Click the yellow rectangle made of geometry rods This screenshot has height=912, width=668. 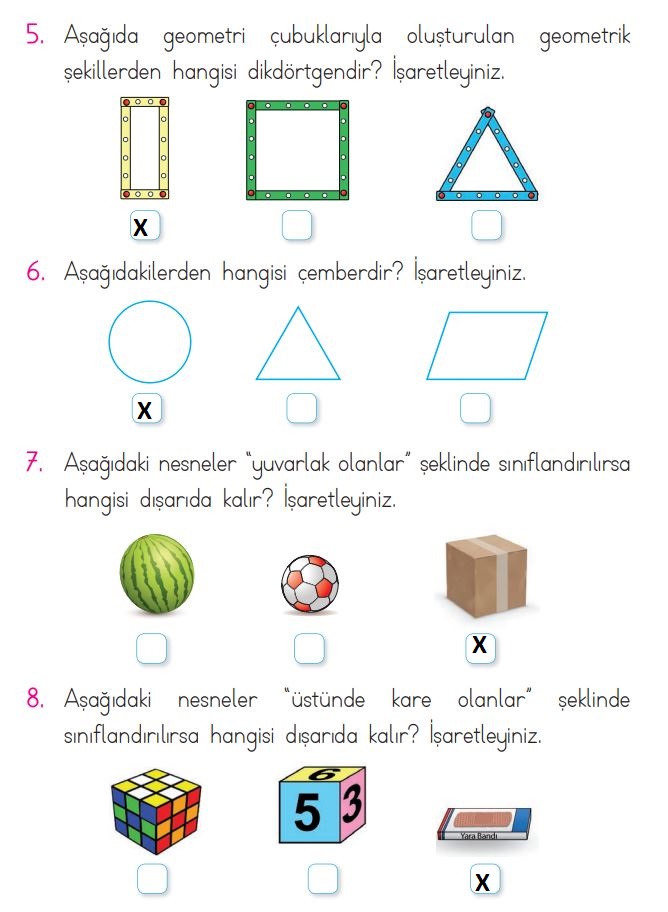(x=125, y=148)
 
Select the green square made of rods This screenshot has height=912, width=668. (x=251, y=150)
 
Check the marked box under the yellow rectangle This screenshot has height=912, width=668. (x=144, y=226)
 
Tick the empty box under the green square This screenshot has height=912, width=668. (x=297, y=225)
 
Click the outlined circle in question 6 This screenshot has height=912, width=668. (x=109, y=341)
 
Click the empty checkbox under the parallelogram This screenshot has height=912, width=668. (x=475, y=408)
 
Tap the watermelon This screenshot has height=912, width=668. (x=157, y=574)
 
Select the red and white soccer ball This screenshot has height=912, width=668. (x=310, y=583)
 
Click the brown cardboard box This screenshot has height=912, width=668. (x=486, y=576)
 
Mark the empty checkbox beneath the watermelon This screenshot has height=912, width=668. (x=151, y=648)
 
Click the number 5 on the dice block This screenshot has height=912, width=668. (x=307, y=811)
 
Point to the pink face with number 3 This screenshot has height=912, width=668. (x=353, y=804)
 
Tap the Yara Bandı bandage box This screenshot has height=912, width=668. (x=484, y=824)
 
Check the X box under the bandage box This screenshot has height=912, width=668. (x=484, y=881)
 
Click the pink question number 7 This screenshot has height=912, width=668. (x=34, y=464)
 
